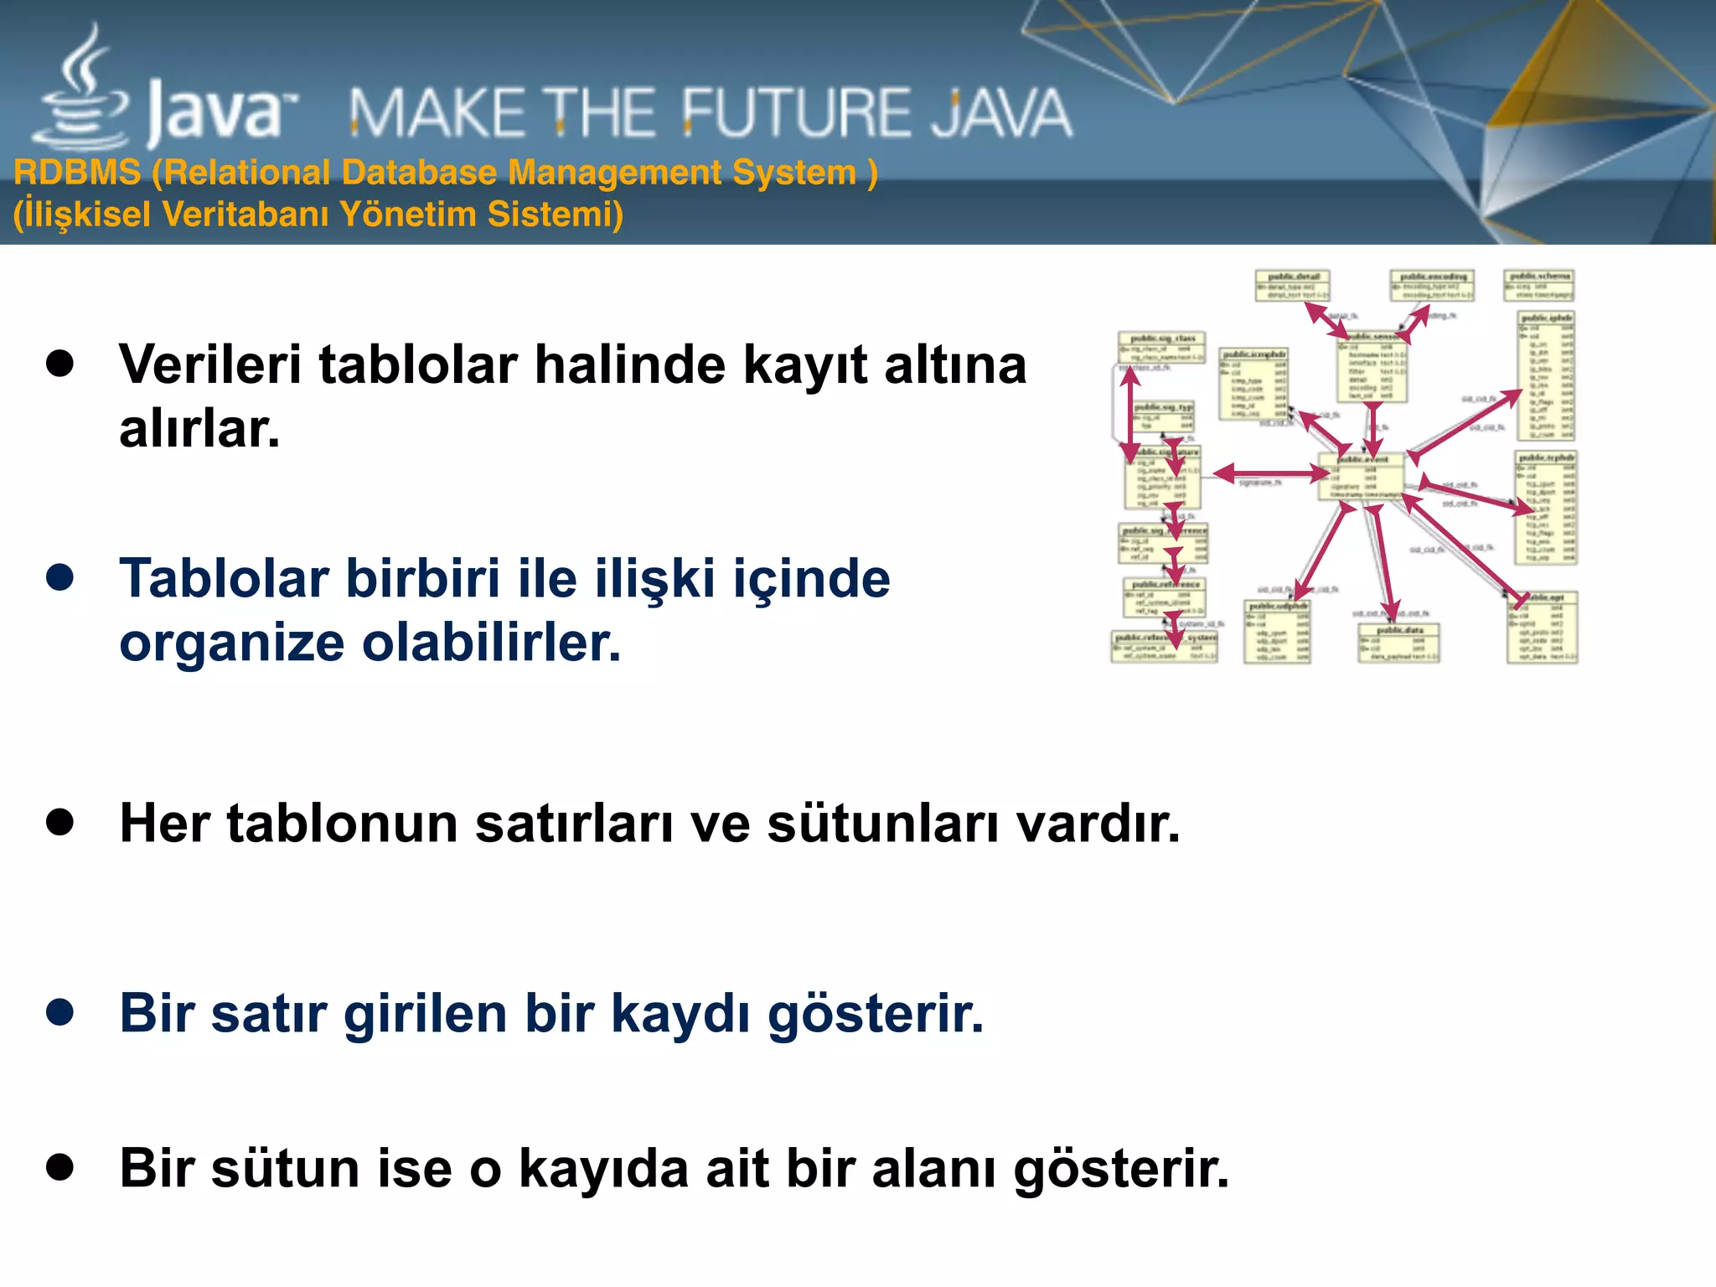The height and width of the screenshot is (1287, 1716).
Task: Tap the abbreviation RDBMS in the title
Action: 77,173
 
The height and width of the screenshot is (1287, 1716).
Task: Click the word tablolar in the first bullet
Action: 418,365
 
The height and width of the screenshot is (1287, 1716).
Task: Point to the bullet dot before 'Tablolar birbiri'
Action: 60,577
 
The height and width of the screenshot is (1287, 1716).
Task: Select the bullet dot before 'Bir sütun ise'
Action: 60,1166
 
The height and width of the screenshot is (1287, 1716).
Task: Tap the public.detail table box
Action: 1292,286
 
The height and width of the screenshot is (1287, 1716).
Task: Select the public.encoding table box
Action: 1432,286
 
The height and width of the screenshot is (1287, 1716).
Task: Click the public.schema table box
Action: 1539,285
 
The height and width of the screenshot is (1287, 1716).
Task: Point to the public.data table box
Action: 1399,643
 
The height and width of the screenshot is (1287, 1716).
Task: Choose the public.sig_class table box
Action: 1161,347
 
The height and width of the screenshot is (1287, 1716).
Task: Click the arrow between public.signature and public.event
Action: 1270,473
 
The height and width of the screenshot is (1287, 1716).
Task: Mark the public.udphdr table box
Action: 1278,631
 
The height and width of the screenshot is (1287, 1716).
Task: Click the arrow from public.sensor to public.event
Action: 1372,428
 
